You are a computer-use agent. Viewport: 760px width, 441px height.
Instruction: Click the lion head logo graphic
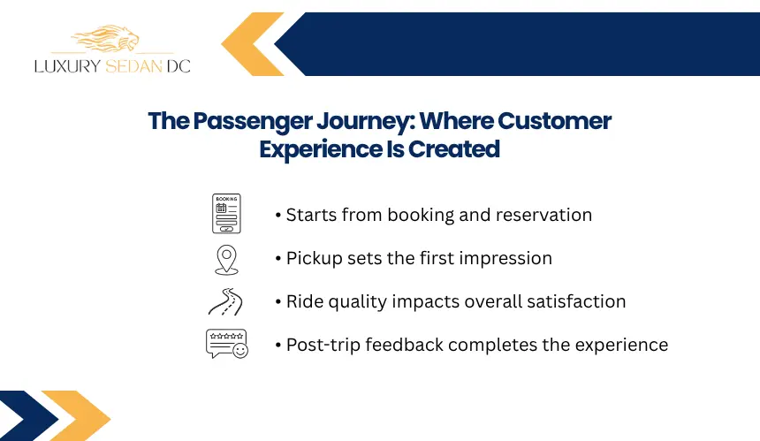click(x=106, y=39)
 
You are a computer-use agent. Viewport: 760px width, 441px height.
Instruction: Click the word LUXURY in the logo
click(x=67, y=66)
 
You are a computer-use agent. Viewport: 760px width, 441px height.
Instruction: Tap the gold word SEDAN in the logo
click(x=133, y=66)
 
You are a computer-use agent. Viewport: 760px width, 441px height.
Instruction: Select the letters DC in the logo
click(x=179, y=66)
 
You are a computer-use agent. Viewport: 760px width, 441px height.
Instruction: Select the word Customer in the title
click(x=554, y=121)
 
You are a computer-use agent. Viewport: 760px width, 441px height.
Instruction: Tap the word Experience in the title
click(x=321, y=149)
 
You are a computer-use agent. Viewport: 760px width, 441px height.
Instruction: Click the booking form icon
click(x=226, y=214)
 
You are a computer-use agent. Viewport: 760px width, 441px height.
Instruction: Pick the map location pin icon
click(x=226, y=260)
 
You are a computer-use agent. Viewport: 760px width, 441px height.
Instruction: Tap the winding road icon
click(x=226, y=302)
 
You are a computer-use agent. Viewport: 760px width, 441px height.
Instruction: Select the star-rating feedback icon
click(x=227, y=344)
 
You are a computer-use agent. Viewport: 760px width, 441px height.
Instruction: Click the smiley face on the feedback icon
click(x=240, y=350)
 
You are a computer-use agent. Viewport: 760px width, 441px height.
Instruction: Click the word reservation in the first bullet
click(x=543, y=215)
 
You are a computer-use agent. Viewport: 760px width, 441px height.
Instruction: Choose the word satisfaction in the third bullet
click(x=576, y=301)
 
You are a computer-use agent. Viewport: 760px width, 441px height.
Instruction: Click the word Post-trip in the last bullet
click(x=323, y=346)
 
